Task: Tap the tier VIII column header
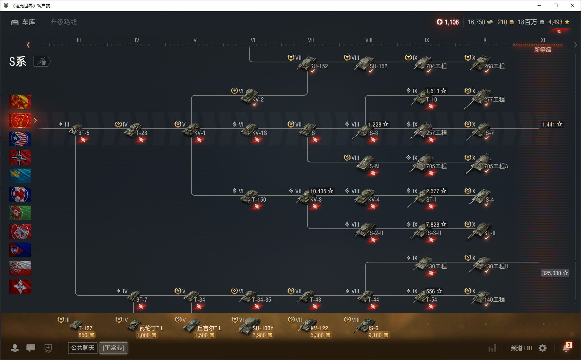pyautogui.click(x=369, y=40)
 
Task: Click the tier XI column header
pyautogui.click(x=543, y=40)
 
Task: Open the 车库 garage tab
pyautogui.click(x=23, y=22)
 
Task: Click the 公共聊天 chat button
pyautogui.click(x=83, y=348)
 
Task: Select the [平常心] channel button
pyautogui.click(x=113, y=348)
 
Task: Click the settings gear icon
pyautogui.click(x=542, y=348)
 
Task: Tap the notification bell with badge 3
pyautogui.click(x=567, y=348)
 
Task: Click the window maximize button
pyautogui.click(x=556, y=5)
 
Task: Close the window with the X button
pyautogui.click(x=572, y=5)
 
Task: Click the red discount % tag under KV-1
pyautogui.click(x=199, y=140)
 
